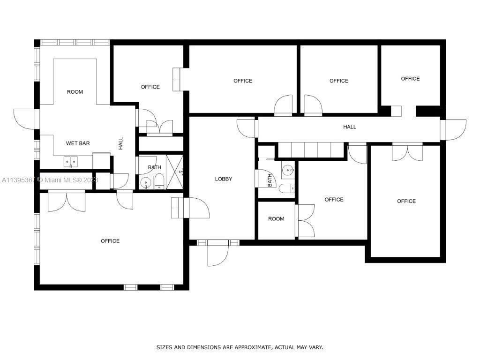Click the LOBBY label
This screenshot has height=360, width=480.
click(x=224, y=179)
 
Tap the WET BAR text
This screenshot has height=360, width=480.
click(x=78, y=143)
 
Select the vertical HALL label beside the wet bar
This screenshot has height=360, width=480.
click(x=120, y=143)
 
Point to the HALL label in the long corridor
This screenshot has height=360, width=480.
click(x=350, y=127)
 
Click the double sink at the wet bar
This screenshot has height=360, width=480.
click(x=72, y=161)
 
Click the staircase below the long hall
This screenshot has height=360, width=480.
click(x=311, y=150)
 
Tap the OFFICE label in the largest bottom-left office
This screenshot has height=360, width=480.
click(x=110, y=241)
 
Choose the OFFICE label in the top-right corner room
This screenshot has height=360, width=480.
click(x=410, y=79)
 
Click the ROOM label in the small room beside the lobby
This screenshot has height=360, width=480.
click(x=276, y=219)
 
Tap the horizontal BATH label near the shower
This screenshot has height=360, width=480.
click(x=155, y=167)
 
